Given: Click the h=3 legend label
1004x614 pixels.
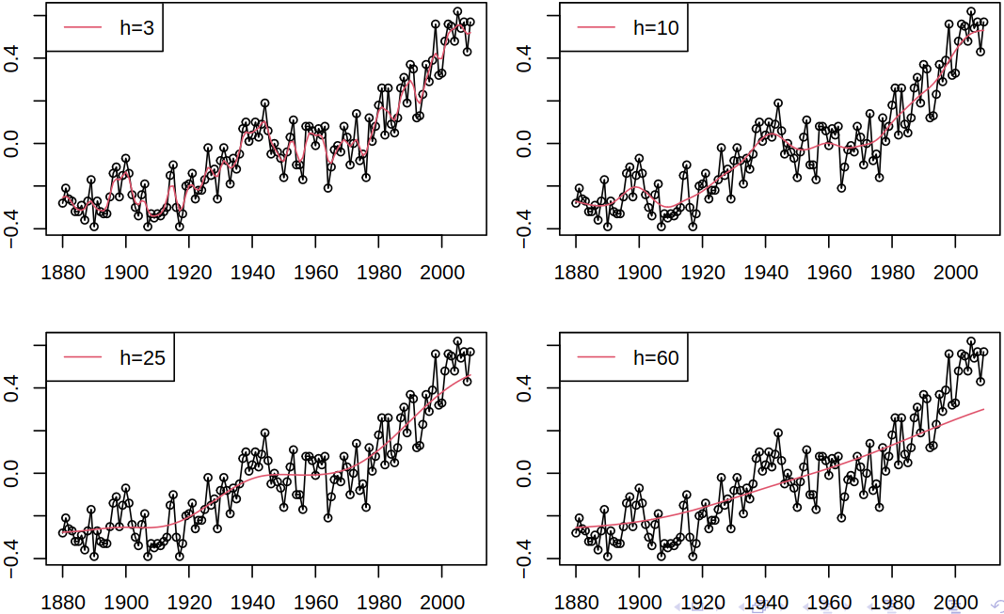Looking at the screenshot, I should tap(137, 28).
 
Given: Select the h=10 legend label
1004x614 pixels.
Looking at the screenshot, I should tap(656, 28).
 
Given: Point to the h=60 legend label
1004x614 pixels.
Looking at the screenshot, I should tap(656, 357).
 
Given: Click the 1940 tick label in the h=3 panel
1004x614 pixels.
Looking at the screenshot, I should tap(252, 273).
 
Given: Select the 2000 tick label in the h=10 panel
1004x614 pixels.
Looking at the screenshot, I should tap(955, 273).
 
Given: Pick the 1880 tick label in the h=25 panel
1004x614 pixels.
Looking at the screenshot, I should tap(63, 602).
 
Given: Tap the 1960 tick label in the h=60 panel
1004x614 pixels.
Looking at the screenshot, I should tap(829, 602).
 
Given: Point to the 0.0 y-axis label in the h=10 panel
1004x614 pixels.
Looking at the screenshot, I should tap(526, 143).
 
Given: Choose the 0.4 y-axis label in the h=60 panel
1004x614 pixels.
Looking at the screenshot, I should tap(526, 387).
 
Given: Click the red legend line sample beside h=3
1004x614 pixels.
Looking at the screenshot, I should tap(81, 28).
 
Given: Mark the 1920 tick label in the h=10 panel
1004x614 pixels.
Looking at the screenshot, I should tap(702, 273).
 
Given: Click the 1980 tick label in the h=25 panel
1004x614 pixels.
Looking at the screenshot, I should tap(378, 602).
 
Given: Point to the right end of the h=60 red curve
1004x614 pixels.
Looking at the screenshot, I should tap(983, 409).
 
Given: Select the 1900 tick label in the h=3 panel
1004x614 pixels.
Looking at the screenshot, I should tap(126, 273).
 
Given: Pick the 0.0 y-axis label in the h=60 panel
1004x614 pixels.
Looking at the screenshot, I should tap(526, 473).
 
